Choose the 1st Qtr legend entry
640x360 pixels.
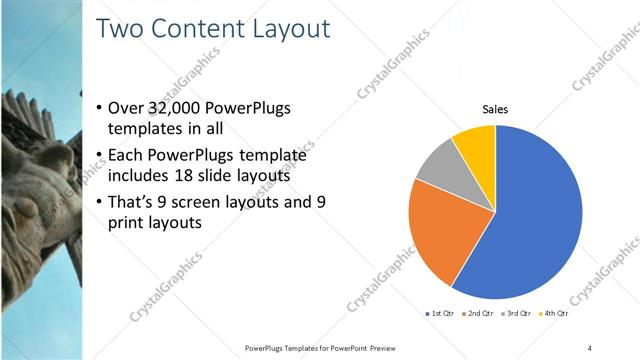coord(441,314)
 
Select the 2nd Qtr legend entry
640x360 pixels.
coord(478,314)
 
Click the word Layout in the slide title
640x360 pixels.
coord(281,29)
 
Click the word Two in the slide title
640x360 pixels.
coord(121,29)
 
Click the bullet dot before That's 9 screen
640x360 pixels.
coord(98,203)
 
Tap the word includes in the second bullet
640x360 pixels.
coord(138,177)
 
